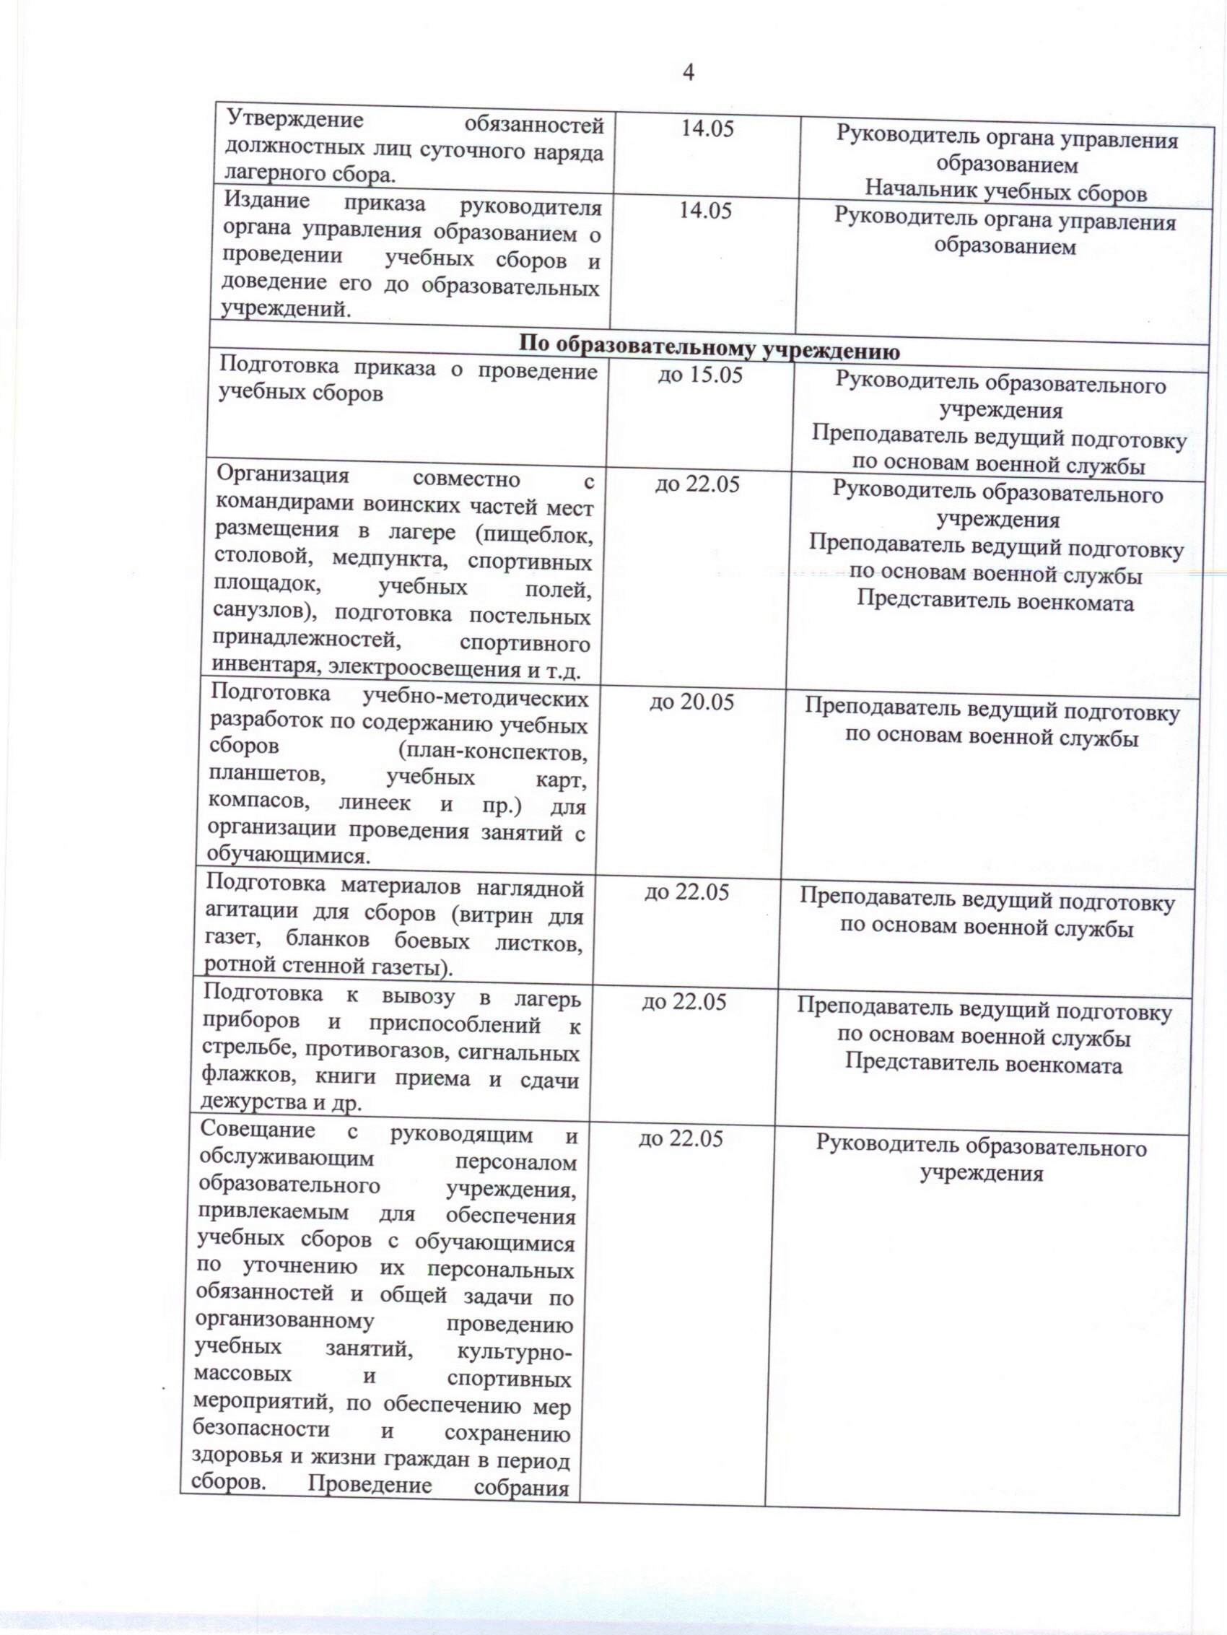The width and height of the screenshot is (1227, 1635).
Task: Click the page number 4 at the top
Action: (687, 72)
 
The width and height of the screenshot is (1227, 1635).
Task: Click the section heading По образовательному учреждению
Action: (709, 347)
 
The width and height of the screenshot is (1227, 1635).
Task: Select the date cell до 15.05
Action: (700, 376)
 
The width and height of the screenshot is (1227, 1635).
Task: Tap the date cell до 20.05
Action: (692, 702)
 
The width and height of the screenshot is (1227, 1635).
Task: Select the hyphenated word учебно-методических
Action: (476, 699)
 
